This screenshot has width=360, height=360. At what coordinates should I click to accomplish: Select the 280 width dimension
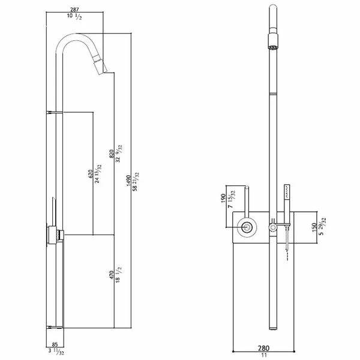(263, 347)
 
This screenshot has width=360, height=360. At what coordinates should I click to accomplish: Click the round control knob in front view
(247, 227)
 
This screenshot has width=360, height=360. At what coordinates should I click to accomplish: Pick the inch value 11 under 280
(263, 355)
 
